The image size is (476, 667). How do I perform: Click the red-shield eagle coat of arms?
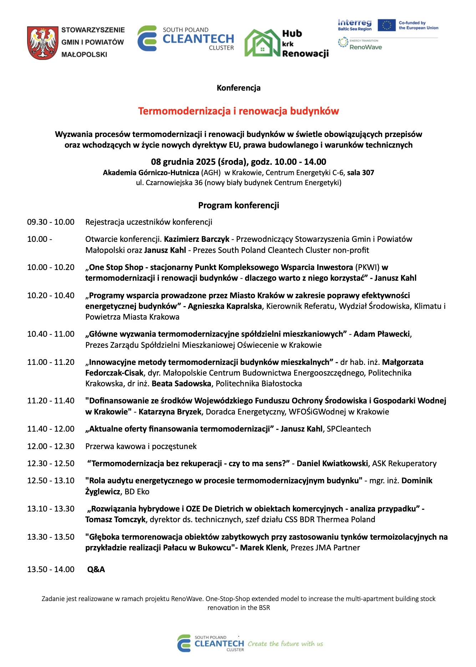[x=42, y=42]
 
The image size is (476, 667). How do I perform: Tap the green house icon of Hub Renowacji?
[x=262, y=43]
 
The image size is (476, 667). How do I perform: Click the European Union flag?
[x=386, y=25]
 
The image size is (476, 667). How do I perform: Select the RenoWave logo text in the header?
[x=365, y=47]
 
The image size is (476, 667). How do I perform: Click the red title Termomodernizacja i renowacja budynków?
[x=238, y=111]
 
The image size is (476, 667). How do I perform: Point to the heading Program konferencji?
[x=238, y=205]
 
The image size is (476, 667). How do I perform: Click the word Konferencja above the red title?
[x=238, y=88]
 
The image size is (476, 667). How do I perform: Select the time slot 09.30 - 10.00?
[x=51, y=222]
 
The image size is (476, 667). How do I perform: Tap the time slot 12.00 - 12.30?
[x=51, y=447]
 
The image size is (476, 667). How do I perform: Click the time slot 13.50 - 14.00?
[x=51, y=569]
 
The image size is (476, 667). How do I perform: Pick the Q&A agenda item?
[x=96, y=569]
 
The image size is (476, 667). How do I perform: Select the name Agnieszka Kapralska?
[x=225, y=306]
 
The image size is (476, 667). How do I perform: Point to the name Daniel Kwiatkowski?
[x=332, y=464]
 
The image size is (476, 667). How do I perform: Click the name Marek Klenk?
[x=263, y=548]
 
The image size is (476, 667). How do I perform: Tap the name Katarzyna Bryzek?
[x=170, y=412]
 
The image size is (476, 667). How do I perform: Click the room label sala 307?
[x=360, y=173]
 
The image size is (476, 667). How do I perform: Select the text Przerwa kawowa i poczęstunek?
[x=141, y=447]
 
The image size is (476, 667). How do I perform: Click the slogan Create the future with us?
[x=285, y=644]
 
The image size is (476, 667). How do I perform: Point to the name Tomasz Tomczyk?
[x=115, y=520]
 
